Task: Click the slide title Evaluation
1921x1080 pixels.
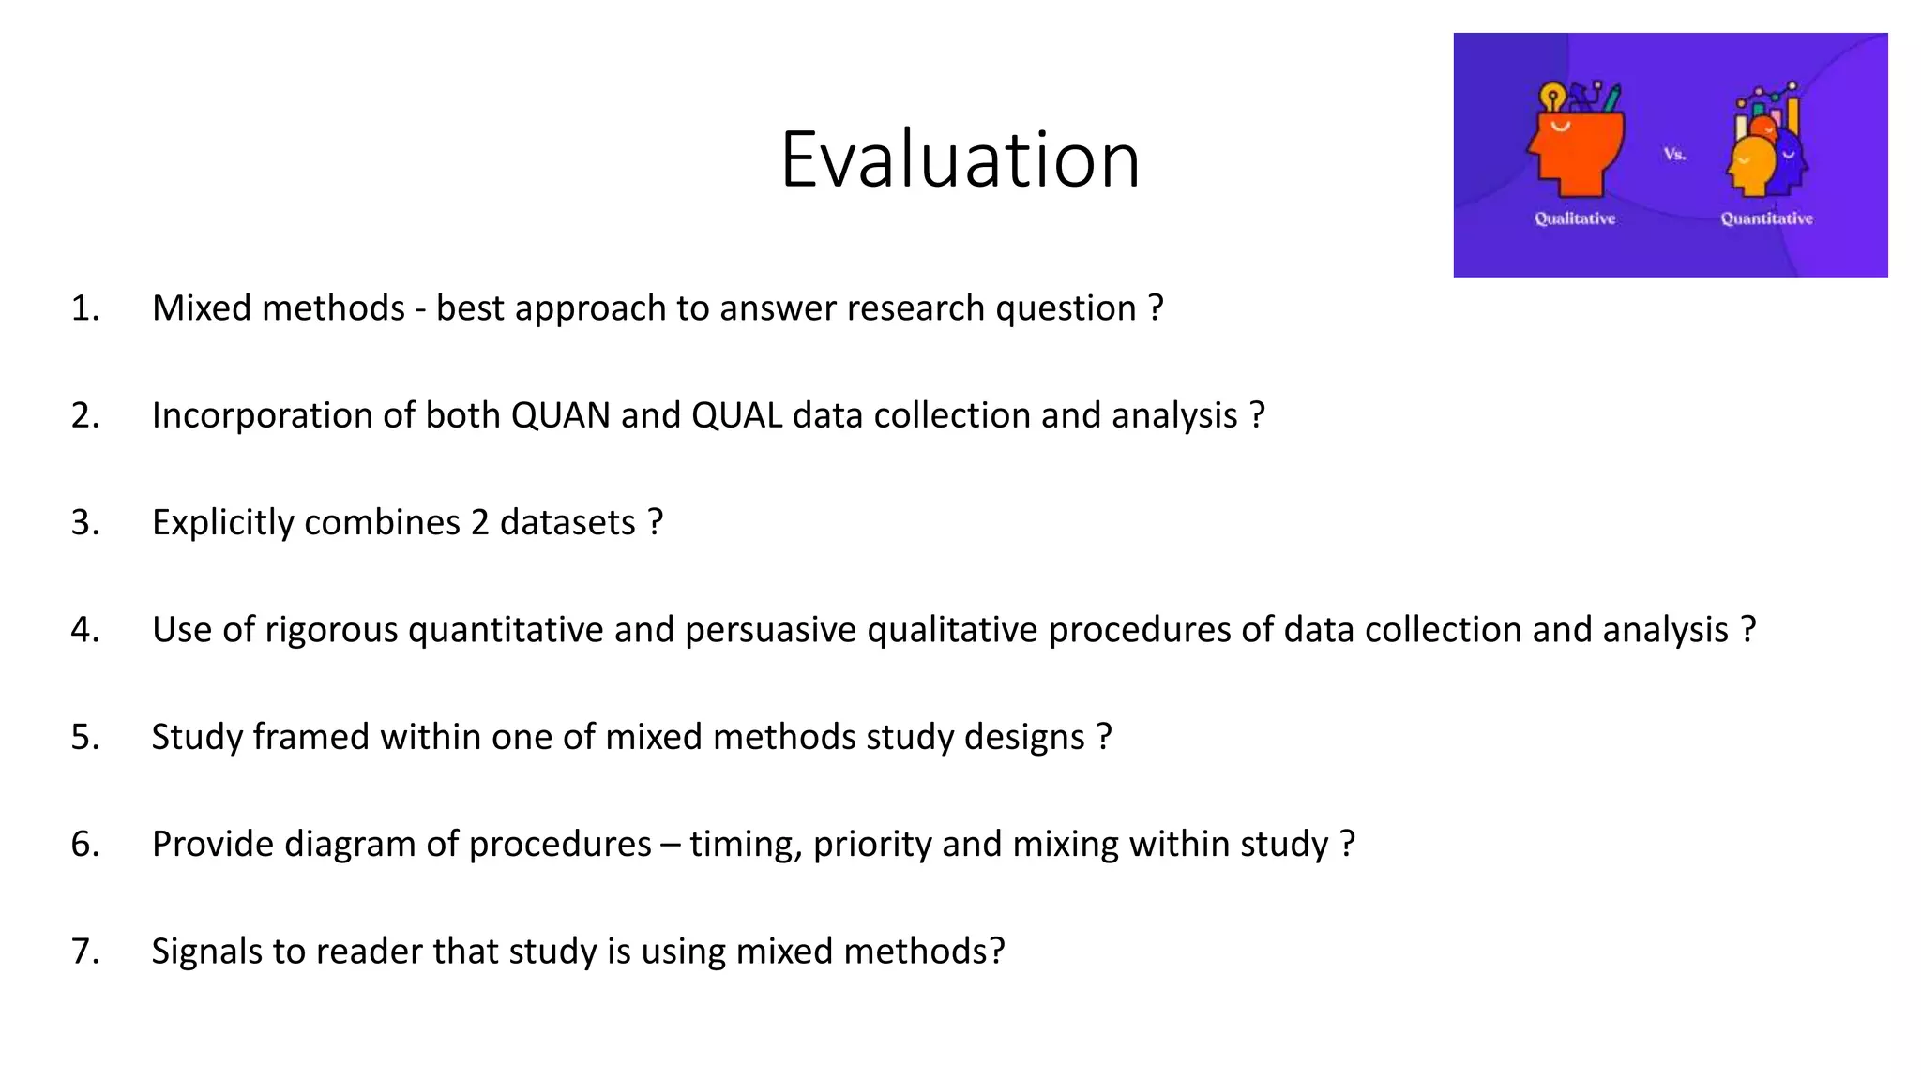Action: (x=960, y=159)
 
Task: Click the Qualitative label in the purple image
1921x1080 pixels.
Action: (x=1574, y=218)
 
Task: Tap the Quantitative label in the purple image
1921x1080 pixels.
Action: (x=1766, y=218)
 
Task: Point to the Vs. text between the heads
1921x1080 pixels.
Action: (x=1674, y=154)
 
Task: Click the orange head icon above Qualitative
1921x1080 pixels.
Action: (x=1576, y=150)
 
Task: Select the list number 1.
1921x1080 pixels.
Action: (x=84, y=308)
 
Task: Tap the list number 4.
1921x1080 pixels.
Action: (x=84, y=630)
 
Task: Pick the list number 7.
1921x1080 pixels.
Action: (x=84, y=952)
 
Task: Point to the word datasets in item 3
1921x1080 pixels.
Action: (x=567, y=523)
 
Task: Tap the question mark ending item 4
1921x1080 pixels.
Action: (x=1747, y=630)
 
